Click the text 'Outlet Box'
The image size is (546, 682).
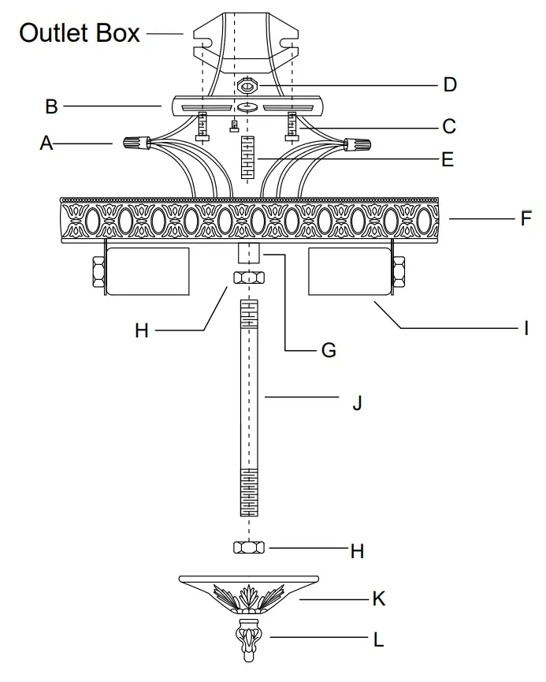pos(80,33)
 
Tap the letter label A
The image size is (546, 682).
pos(47,143)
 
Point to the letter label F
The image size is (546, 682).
pos(526,218)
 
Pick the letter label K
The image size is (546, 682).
pos(378,599)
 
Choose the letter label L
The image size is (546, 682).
pos(378,639)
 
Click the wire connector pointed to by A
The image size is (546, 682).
pos(136,143)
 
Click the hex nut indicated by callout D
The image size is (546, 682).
pos(247,84)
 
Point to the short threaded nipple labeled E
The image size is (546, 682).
pos(248,158)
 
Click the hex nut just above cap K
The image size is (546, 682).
pos(248,547)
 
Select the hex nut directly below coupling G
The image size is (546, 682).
pos(248,278)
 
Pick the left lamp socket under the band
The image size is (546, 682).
pos(147,271)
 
